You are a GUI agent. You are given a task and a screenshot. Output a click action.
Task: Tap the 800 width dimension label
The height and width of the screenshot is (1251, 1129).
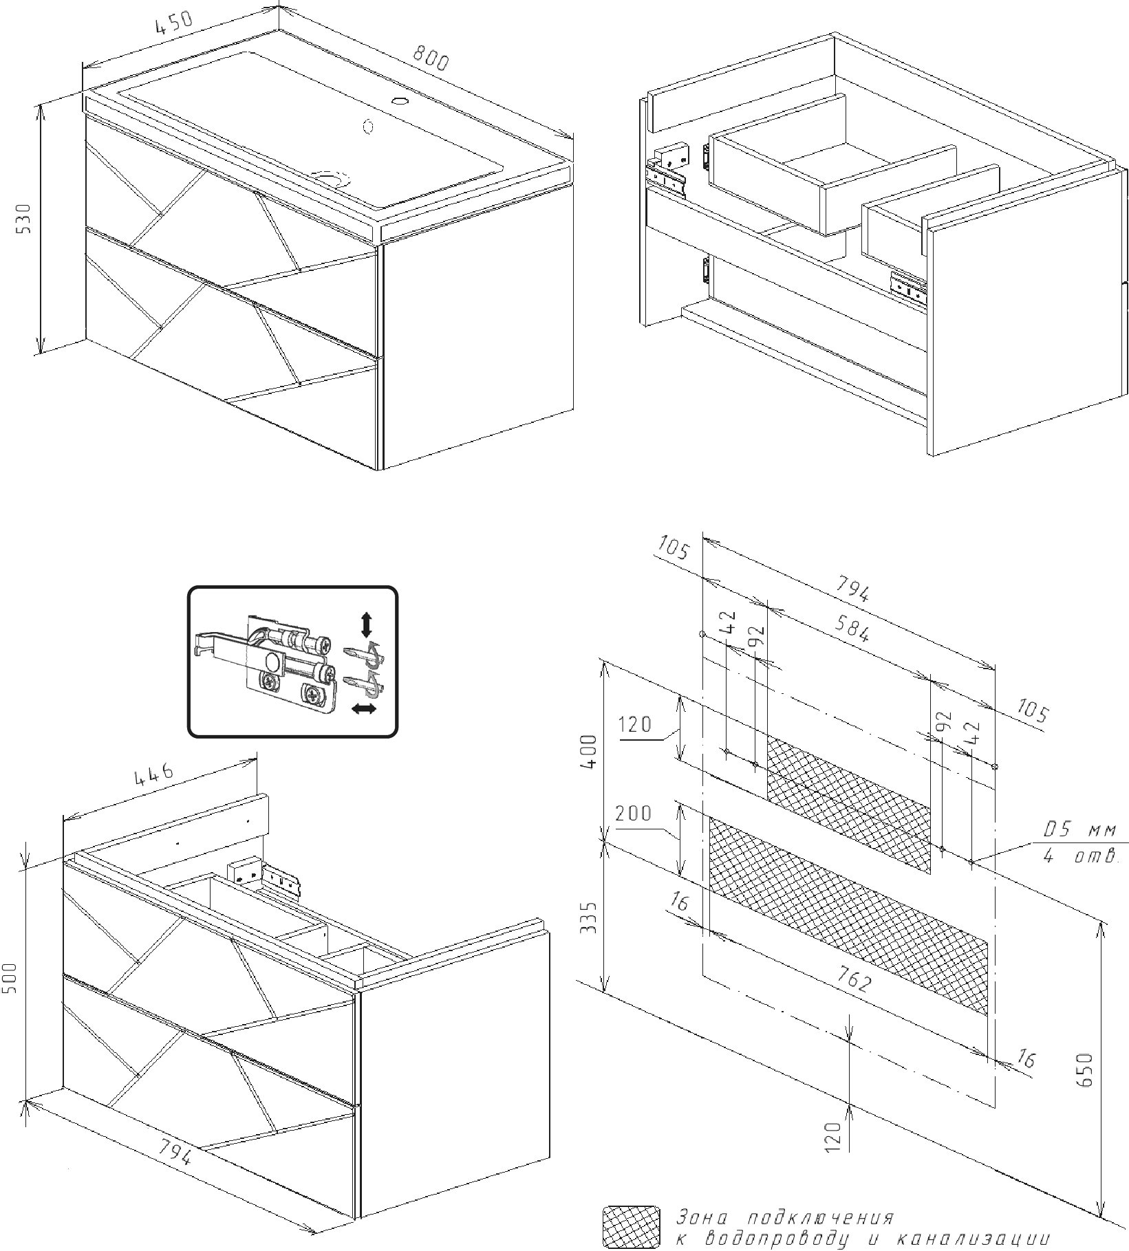tap(430, 58)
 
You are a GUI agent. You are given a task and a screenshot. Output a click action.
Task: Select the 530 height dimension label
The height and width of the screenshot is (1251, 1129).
tap(24, 218)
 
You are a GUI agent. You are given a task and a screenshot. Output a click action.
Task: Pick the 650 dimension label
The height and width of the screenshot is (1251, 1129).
tap(1085, 1069)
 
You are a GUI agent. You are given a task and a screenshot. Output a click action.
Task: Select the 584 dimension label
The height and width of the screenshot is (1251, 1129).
tap(851, 628)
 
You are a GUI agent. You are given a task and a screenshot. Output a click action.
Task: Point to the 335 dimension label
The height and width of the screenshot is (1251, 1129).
tap(590, 917)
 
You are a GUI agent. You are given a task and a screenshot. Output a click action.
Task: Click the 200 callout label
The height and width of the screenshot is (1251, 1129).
tap(633, 814)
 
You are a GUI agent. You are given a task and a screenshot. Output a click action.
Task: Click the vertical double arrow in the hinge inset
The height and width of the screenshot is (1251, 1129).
tap(366, 624)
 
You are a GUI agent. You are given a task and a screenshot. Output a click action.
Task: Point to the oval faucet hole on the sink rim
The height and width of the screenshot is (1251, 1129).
tap(399, 102)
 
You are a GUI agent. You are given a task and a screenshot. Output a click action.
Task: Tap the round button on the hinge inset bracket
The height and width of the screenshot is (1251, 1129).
tap(272, 663)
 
